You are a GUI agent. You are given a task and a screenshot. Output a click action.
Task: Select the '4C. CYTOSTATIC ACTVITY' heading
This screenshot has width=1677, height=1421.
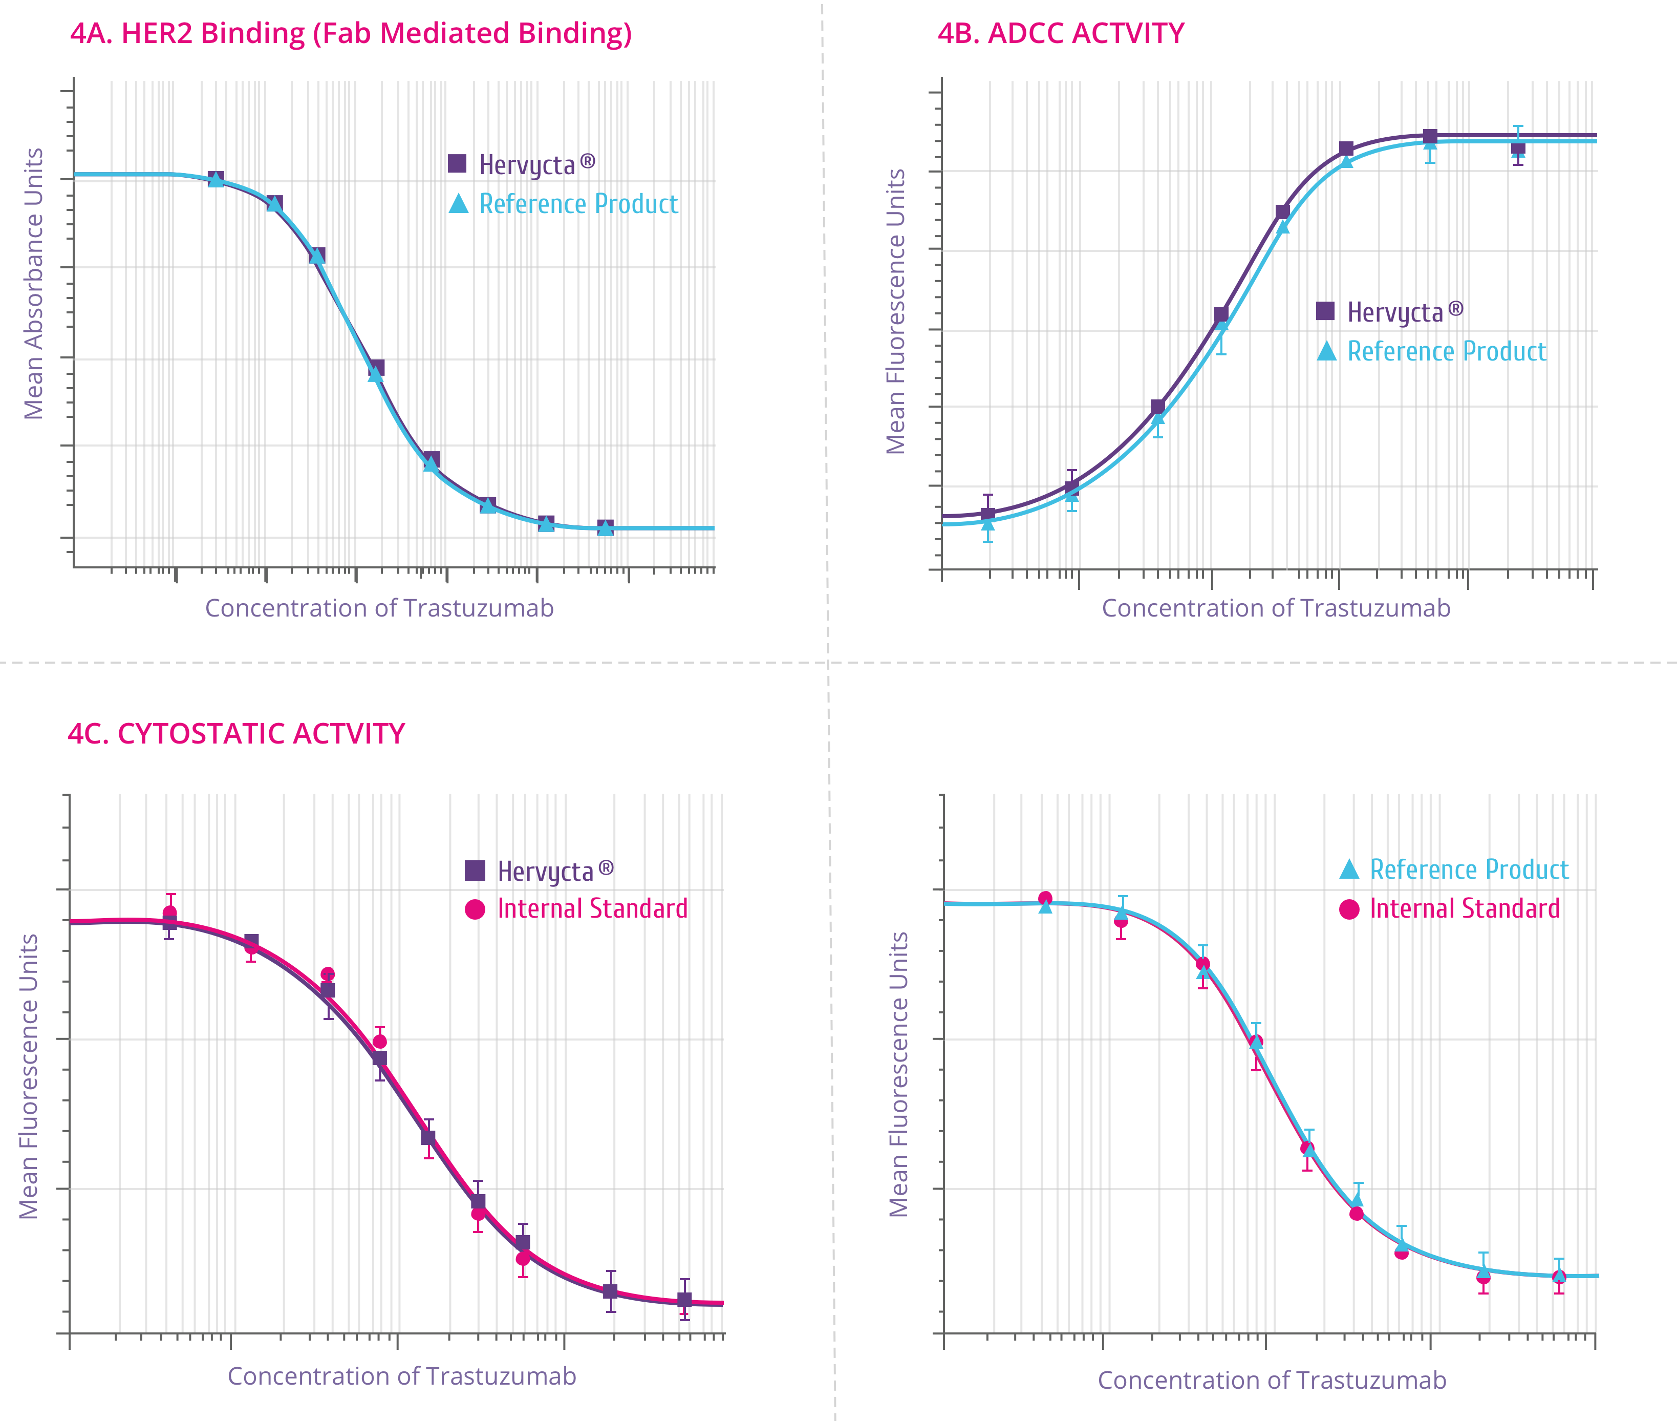pyautogui.click(x=236, y=734)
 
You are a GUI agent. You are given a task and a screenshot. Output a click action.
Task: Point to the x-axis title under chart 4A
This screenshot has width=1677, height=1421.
pyautogui.click(x=379, y=608)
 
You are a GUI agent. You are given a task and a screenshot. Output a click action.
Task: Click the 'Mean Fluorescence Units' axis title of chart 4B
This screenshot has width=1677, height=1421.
pyautogui.click(x=895, y=312)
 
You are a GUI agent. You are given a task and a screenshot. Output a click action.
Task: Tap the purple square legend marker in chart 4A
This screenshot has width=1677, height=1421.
pyautogui.click(x=457, y=163)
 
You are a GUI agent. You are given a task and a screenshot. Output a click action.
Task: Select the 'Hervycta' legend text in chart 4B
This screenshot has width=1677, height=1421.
pyautogui.click(x=1395, y=312)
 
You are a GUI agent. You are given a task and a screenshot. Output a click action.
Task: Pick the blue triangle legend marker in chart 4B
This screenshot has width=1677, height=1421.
pyautogui.click(x=1327, y=351)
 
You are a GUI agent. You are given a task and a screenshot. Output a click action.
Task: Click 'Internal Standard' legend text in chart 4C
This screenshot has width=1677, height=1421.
pyautogui.click(x=593, y=908)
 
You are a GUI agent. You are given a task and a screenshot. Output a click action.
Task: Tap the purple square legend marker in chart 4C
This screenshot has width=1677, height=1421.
pyautogui.click(x=475, y=871)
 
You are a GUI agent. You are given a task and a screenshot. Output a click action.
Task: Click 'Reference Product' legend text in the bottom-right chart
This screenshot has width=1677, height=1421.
pyautogui.click(x=1469, y=870)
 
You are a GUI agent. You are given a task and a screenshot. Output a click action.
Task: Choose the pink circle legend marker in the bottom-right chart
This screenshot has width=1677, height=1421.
pyautogui.click(x=1349, y=909)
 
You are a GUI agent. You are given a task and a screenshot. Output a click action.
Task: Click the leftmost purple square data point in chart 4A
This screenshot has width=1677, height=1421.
pyautogui.click(x=216, y=178)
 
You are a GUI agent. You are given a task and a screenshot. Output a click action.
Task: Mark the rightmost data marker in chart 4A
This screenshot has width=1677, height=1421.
pyautogui.click(x=606, y=527)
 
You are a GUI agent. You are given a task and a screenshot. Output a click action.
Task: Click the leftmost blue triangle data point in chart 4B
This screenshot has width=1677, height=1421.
pyautogui.click(x=988, y=524)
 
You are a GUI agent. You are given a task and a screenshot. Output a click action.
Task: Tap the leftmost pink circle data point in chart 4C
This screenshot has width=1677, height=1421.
pyautogui.click(x=170, y=913)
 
